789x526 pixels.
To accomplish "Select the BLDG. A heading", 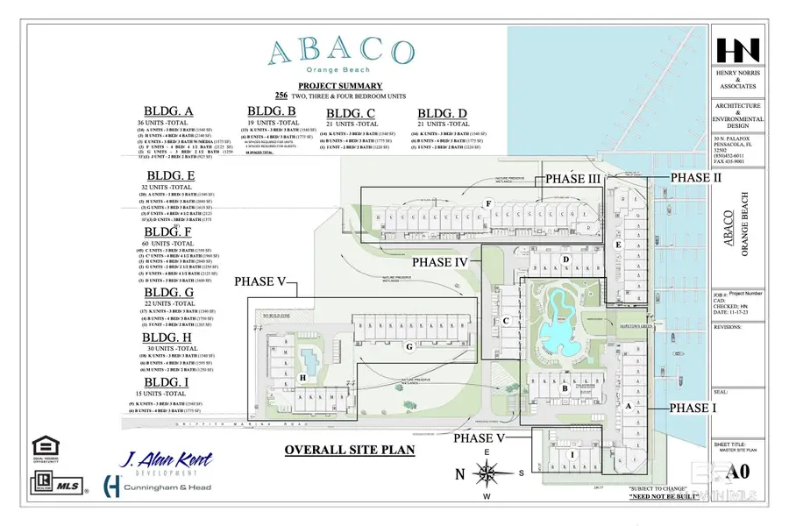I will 169,110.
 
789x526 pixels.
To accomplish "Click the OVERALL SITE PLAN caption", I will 349,451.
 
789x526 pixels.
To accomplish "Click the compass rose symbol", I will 486,473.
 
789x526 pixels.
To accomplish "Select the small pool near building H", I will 309,359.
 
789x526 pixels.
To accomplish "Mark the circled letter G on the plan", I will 409,346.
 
